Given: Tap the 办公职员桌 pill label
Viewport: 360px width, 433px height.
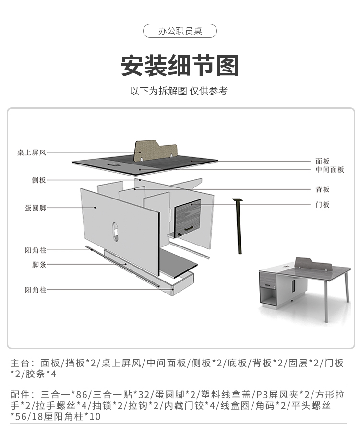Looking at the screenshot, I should (180, 32).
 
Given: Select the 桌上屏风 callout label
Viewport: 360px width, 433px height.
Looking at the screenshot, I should (32, 153).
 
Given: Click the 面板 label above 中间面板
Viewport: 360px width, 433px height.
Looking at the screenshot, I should (323, 162).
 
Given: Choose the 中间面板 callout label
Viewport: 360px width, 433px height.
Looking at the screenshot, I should (330, 170).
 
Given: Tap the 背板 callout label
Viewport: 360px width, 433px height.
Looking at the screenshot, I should (323, 190).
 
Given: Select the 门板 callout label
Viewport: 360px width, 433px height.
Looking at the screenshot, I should (323, 205).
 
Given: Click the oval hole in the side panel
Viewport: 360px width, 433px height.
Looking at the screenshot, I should (115, 231).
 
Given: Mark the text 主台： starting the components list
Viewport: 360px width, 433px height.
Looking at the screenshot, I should (22, 363).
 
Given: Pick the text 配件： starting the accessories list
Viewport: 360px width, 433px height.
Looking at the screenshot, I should (22, 395).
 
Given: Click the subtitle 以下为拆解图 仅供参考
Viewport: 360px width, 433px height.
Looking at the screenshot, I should (179, 91).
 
